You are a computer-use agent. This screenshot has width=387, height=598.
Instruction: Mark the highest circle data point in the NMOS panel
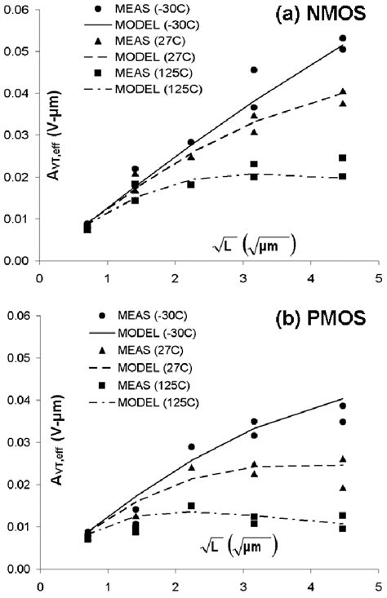click(342, 38)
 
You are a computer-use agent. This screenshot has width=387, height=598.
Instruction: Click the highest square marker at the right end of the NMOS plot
click(342, 157)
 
